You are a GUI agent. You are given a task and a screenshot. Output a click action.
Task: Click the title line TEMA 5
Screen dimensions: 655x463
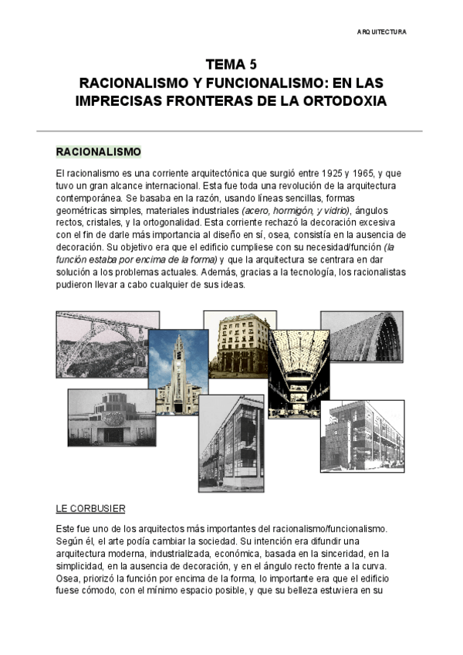point(231,66)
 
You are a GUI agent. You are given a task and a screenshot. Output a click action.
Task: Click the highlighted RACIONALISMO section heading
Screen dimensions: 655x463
point(98,151)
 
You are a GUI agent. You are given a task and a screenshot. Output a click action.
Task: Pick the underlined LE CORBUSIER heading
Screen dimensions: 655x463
point(90,509)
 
